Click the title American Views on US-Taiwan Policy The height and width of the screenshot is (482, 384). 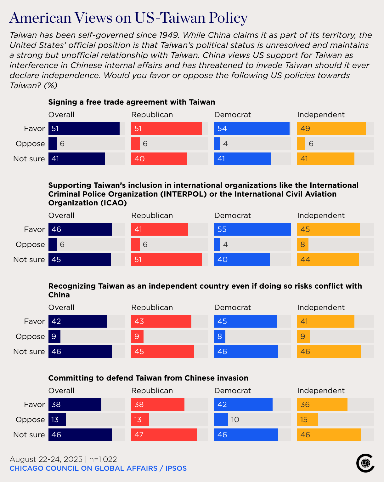coord(128,18)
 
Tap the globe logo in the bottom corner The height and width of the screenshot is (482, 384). coord(365,463)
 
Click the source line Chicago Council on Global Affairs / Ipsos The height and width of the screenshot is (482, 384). coord(98,468)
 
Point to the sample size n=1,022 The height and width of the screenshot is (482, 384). coord(103,459)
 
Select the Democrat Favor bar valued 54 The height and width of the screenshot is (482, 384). coord(251,129)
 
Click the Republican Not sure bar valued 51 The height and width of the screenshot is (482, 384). coord(166,260)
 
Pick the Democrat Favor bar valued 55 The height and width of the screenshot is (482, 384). coord(252,229)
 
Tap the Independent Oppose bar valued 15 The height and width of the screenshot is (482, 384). coord(307,420)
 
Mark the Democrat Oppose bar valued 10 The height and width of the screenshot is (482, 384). coord(221,420)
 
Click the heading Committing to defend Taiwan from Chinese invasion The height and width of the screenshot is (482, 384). coord(148,378)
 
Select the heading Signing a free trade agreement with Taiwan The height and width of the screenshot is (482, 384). coord(132,102)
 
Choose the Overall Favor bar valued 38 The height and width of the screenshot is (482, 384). coord(75,405)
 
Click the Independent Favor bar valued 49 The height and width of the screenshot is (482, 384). coord(331,129)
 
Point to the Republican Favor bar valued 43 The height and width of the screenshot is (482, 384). coord(161,321)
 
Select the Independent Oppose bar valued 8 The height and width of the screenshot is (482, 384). coord(302,244)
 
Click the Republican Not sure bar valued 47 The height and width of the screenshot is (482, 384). coord(164,435)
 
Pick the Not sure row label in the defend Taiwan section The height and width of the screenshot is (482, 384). coord(29,435)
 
